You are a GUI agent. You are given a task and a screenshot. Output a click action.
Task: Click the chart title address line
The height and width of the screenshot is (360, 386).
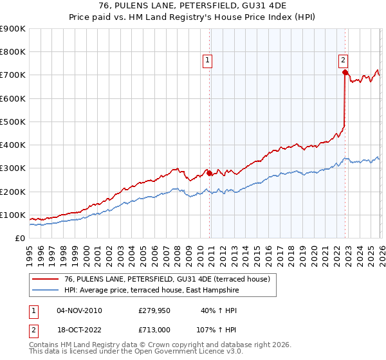[193, 6]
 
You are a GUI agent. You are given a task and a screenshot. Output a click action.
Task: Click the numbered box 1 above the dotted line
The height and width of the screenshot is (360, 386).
[208, 61]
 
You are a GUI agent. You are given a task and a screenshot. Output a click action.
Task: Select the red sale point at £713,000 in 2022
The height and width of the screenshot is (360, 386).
[345, 73]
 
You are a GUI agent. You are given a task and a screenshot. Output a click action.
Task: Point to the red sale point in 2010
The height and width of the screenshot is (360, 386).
[210, 173]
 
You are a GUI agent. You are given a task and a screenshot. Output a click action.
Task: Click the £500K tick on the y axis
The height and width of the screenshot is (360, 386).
[13, 122]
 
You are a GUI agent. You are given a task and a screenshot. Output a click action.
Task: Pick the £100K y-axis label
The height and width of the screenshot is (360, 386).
[13, 215]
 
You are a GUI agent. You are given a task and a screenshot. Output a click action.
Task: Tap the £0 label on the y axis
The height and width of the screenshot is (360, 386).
[19, 238]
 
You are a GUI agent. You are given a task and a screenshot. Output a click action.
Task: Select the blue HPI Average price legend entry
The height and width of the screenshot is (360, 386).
[151, 290]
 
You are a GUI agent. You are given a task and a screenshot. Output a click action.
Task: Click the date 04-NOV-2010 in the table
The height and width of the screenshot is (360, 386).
[79, 310]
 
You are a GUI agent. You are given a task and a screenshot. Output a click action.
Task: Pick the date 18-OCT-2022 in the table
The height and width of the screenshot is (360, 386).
[79, 330]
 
